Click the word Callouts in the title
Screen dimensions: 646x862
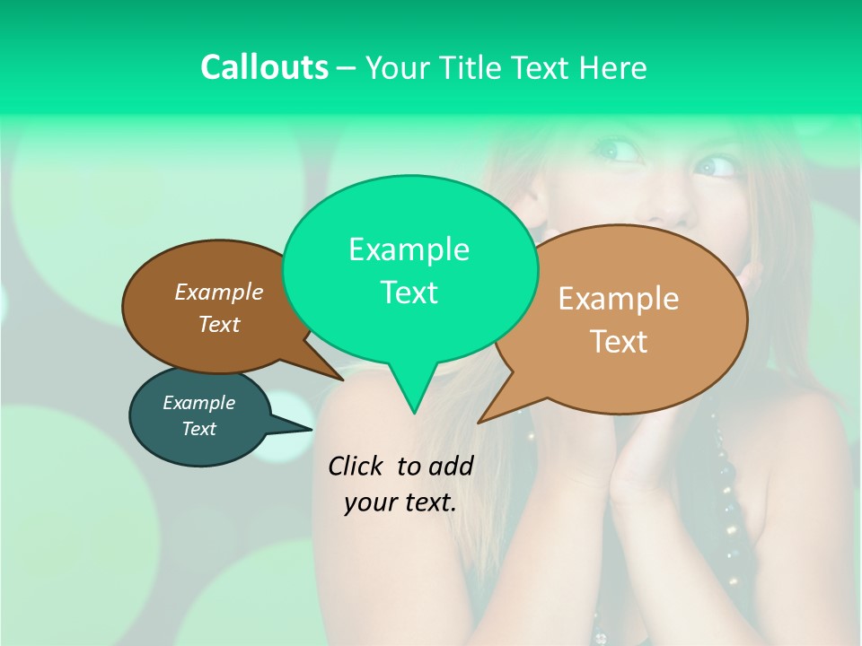pyautogui.click(x=264, y=67)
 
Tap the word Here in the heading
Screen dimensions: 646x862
pyautogui.click(x=610, y=67)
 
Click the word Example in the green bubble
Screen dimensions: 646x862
pyautogui.click(x=409, y=249)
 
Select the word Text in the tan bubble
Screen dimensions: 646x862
pyautogui.click(x=620, y=342)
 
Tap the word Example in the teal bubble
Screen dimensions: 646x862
pyautogui.click(x=198, y=403)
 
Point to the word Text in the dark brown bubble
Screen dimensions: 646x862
pyautogui.click(x=219, y=324)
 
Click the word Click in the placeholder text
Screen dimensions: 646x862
pyautogui.click(x=356, y=466)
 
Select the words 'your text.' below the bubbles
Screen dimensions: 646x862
pyautogui.click(x=400, y=502)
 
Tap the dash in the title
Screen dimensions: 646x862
pyautogui.click(x=347, y=68)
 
